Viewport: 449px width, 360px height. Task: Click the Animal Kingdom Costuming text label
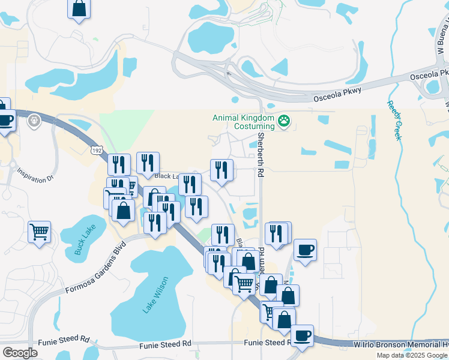click(243, 122)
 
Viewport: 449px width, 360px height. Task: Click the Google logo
click(20, 353)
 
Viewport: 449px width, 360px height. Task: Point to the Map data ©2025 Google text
click(412, 355)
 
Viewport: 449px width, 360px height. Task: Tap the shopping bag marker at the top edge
click(79, 9)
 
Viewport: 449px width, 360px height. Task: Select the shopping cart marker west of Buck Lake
click(39, 231)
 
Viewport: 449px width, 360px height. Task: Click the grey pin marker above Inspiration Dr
click(34, 121)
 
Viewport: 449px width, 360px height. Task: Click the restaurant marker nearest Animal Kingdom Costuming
click(221, 170)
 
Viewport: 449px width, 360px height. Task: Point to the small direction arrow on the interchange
click(229, 74)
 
